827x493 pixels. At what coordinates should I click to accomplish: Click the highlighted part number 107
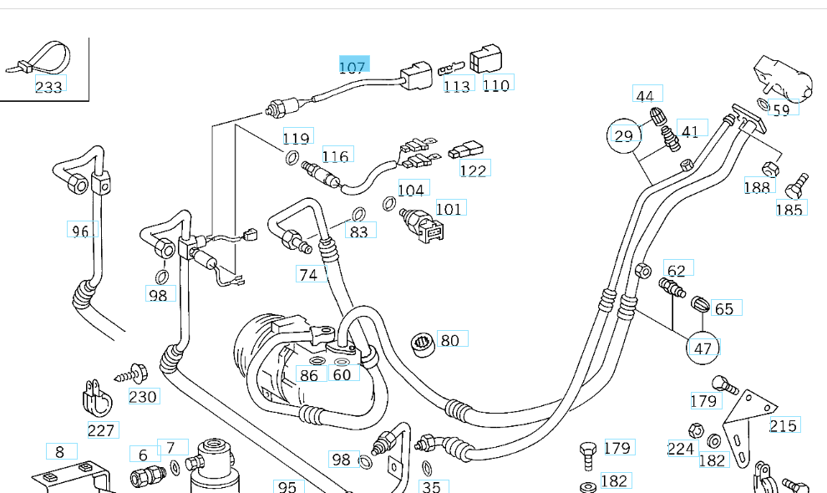353,67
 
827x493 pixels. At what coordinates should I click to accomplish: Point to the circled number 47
703,348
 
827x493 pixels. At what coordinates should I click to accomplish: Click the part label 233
48,86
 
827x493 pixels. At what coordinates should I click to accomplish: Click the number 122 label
474,170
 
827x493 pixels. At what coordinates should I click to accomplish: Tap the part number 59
780,109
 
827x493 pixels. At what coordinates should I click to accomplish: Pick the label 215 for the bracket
783,425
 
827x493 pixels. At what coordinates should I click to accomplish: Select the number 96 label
80,230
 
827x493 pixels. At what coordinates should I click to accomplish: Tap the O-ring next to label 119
292,159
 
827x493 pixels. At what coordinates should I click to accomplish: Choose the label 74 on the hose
308,274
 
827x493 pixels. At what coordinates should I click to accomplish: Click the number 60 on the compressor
342,374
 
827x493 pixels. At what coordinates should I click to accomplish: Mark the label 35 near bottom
432,486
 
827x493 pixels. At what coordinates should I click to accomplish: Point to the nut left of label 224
693,430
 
